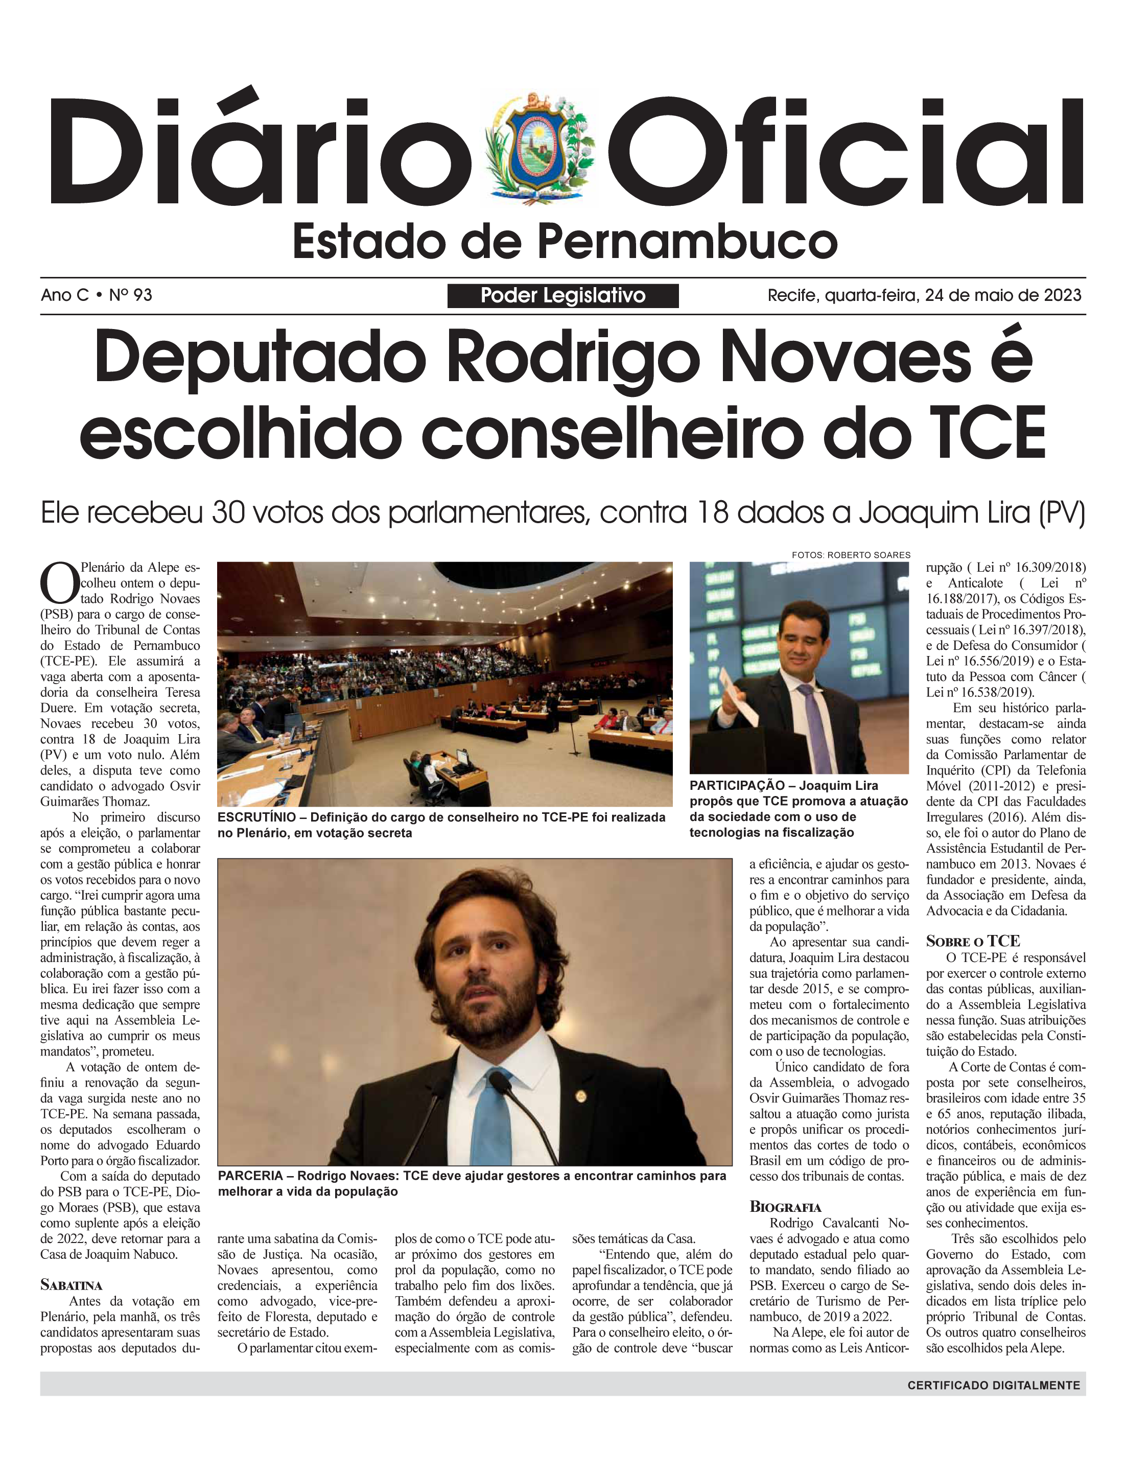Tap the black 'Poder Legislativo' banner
[x=562, y=296]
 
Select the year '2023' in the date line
[x=1059, y=295]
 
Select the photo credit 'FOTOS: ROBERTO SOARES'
[x=851, y=555]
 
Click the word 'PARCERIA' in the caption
[x=250, y=1176]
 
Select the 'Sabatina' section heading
[x=71, y=1285]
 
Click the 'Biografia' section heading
[x=785, y=1207]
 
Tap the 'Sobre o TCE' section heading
[x=973, y=941]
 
